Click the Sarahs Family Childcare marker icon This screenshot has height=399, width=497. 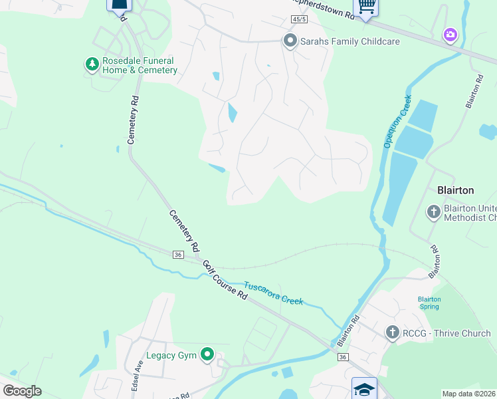click(x=290, y=41)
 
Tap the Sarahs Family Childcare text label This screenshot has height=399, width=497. click(x=350, y=41)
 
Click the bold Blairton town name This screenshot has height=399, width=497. click(x=455, y=190)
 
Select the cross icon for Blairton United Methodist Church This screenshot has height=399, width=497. click(x=433, y=212)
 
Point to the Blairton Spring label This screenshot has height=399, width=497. click(x=429, y=303)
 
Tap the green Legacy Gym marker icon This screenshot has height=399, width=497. click(x=207, y=355)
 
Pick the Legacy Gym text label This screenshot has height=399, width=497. click(x=171, y=356)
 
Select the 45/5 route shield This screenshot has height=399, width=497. click(x=299, y=19)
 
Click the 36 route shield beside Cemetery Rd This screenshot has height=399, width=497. click(x=177, y=255)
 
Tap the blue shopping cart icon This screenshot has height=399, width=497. click(x=366, y=6)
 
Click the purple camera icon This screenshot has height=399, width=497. click(x=450, y=34)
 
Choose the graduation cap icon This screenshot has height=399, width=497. click(x=365, y=388)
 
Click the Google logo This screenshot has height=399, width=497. click(x=22, y=391)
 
